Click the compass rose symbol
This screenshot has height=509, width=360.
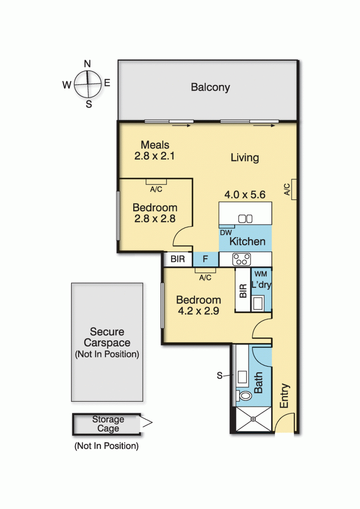point(88,84)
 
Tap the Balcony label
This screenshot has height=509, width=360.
point(210,87)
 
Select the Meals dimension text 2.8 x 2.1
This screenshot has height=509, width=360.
point(155,156)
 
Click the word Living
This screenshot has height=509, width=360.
point(245,158)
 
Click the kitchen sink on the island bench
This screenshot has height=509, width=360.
point(246,218)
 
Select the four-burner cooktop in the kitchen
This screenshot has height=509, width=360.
point(242,259)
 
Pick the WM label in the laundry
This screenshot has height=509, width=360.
point(261,274)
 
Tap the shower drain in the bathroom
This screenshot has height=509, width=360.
point(253,419)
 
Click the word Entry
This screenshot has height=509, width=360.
point(284,396)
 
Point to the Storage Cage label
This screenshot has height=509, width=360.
point(108,424)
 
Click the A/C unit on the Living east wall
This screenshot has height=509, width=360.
point(294,189)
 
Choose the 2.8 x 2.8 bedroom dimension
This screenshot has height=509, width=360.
point(155,218)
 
